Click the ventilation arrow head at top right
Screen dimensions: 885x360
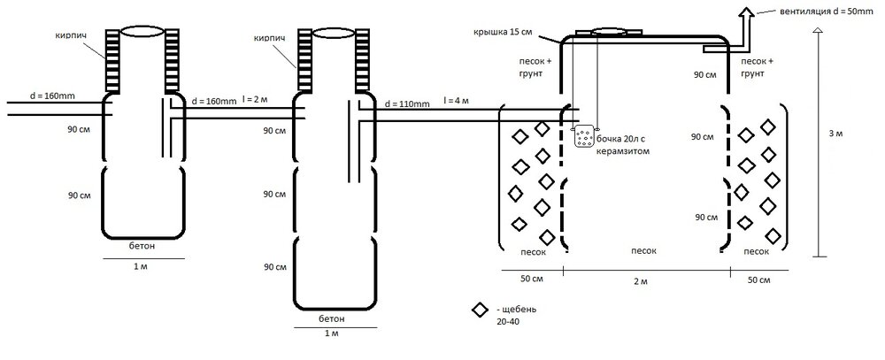point(747,13)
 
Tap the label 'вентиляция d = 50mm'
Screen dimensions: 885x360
point(827,11)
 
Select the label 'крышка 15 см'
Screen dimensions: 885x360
point(504,32)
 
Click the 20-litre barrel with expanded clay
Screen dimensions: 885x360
point(585,136)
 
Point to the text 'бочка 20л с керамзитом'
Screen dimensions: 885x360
point(627,146)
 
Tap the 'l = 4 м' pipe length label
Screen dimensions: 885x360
point(456,101)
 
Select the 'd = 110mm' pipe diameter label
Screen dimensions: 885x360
point(406,103)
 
